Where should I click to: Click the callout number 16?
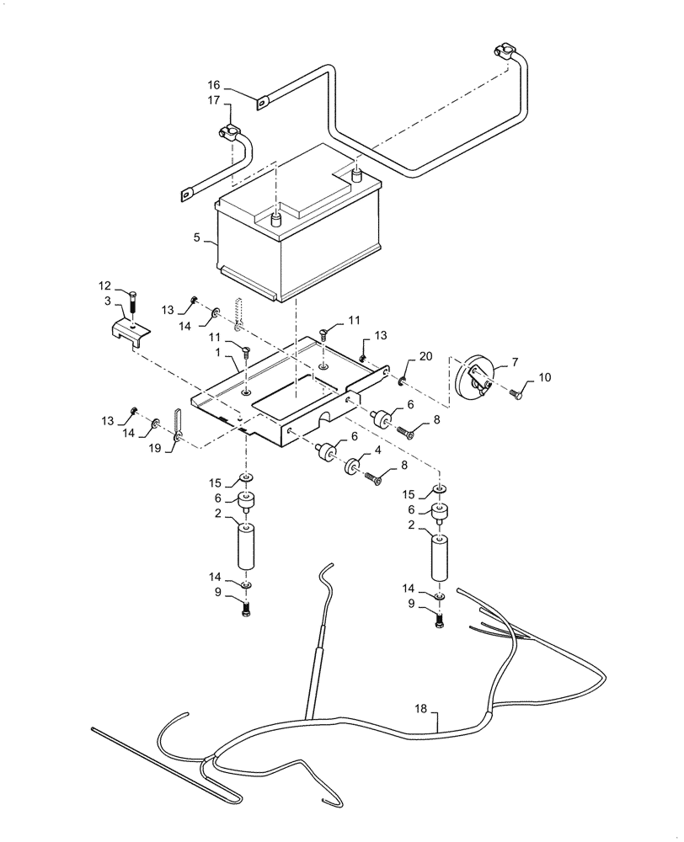click(214, 85)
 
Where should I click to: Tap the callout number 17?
click(214, 100)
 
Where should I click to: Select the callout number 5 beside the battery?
click(197, 238)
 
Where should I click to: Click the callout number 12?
click(104, 285)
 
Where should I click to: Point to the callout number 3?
click(109, 301)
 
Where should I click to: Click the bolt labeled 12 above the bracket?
click(133, 302)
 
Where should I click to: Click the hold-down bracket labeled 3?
click(131, 331)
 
